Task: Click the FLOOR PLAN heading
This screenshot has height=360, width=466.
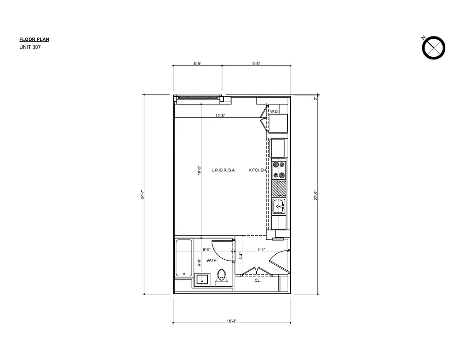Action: pyautogui.click(x=34, y=40)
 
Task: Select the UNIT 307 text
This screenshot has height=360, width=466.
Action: pyautogui.click(x=30, y=47)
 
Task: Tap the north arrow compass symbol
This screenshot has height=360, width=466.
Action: pyautogui.click(x=434, y=47)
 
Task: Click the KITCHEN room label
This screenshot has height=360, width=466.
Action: pyautogui.click(x=257, y=170)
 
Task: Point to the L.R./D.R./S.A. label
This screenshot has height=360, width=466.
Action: pyautogui.click(x=224, y=170)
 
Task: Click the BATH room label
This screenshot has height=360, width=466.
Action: pyautogui.click(x=212, y=261)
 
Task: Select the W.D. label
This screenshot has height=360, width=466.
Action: pyautogui.click(x=274, y=111)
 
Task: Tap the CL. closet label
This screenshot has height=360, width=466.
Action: pyautogui.click(x=258, y=280)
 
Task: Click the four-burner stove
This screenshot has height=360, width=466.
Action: pyautogui.click(x=279, y=170)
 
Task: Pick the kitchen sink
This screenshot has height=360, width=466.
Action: pyautogui.click(x=279, y=207)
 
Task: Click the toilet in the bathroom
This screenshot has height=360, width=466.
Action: pyautogui.click(x=221, y=277)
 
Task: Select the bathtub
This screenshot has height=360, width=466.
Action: pyautogui.click(x=184, y=258)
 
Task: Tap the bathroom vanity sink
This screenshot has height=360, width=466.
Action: pyautogui.click(x=202, y=279)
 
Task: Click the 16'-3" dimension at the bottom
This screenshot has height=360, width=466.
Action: pyautogui.click(x=232, y=321)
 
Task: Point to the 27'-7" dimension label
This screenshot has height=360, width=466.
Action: pyautogui.click(x=142, y=195)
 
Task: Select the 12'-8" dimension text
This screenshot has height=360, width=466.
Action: pyautogui.click(x=221, y=116)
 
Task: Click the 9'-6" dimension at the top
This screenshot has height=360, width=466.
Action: pyautogui.click(x=256, y=64)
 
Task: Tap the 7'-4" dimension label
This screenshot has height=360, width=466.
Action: pyautogui.click(x=261, y=249)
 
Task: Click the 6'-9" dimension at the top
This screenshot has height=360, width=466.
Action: pyautogui.click(x=197, y=64)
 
